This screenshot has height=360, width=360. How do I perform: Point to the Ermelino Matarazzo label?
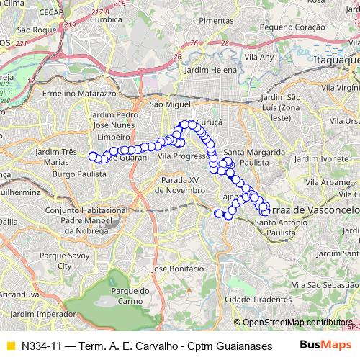79,94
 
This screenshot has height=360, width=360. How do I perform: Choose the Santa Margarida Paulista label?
247,158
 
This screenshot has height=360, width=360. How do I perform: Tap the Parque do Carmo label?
130,295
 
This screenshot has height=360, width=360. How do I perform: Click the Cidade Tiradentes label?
251,299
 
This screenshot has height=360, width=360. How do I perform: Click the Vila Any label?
259,56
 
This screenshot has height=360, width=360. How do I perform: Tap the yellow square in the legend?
9,345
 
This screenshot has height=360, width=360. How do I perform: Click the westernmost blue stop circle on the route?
92,156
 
